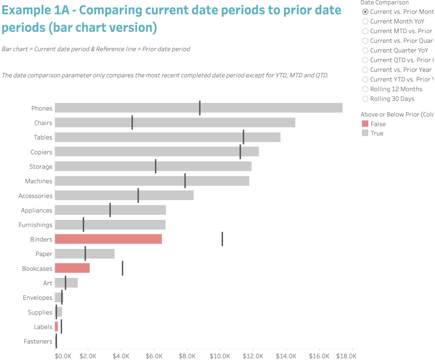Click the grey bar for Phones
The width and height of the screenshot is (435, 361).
pyautogui.click(x=198, y=108)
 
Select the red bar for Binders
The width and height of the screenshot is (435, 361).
pyautogui.click(x=108, y=239)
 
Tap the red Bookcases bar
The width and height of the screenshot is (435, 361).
pyautogui.click(x=72, y=268)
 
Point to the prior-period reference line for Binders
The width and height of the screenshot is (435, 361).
pyautogui.click(x=222, y=239)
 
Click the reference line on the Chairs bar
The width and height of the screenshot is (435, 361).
pyautogui.click(x=132, y=122)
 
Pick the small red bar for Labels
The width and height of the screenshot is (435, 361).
pyautogui.click(x=56, y=327)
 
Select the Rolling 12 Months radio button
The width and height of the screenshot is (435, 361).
pyautogui.click(x=365, y=89)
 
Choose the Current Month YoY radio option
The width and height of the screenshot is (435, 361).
pyautogui.click(x=365, y=21)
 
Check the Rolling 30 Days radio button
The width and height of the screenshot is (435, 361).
pyautogui.click(x=365, y=99)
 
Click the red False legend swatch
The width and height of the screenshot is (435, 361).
pyautogui.click(x=365, y=124)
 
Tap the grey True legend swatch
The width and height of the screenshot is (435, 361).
pyautogui.click(x=365, y=133)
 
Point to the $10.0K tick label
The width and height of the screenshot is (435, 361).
pyautogui.click(x=220, y=356)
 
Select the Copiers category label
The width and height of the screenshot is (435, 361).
pyautogui.click(x=41, y=152)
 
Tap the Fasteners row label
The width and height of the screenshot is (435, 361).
pyautogui.click(x=38, y=341)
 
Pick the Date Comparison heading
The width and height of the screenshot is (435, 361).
pyautogui.click(x=384, y=3)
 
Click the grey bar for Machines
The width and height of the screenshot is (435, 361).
pyautogui.click(x=152, y=181)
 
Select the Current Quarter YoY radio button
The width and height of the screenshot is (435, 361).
pyautogui.click(x=365, y=50)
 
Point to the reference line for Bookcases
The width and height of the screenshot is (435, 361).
pyautogui.click(x=122, y=268)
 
